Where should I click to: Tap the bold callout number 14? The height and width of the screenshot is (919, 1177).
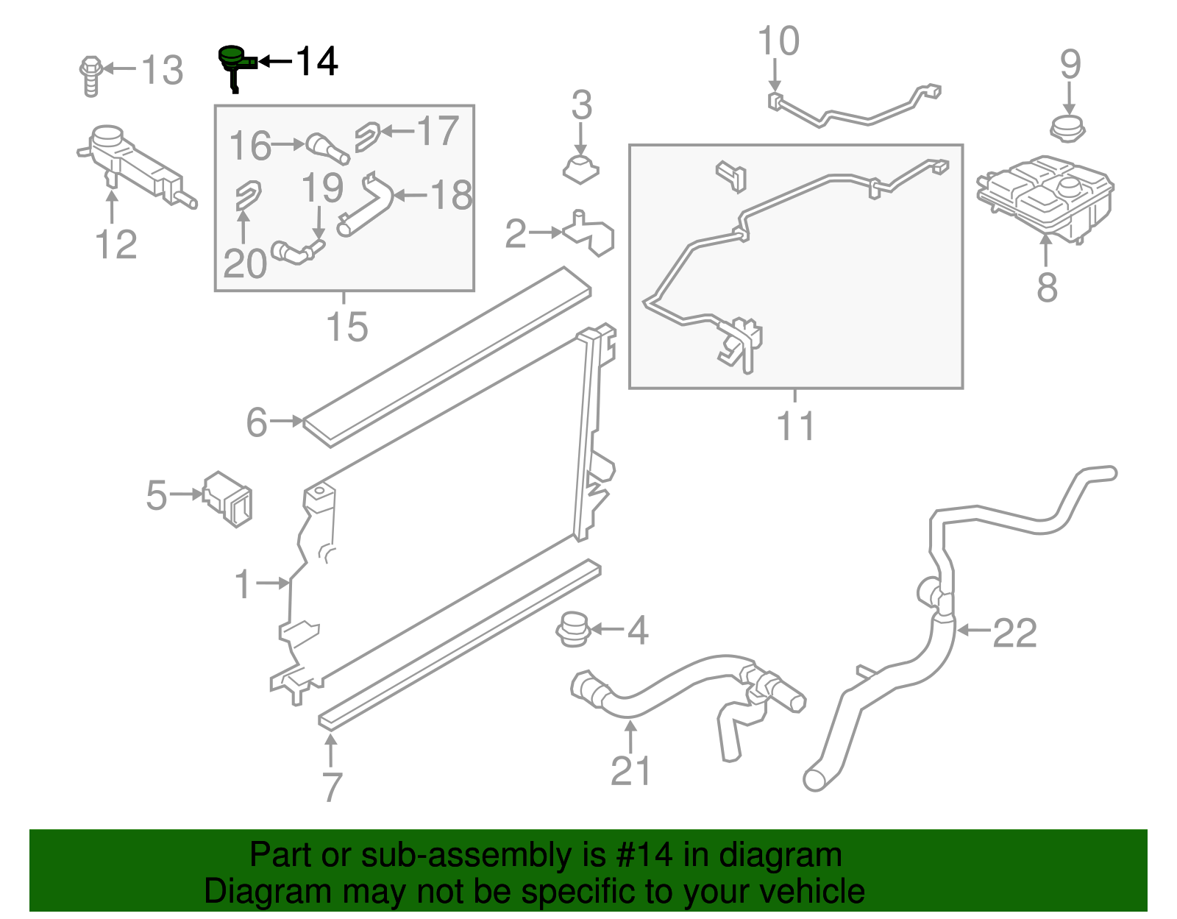317,61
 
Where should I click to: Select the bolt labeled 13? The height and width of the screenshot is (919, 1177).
90,75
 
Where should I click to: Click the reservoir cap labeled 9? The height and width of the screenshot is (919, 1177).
1067,130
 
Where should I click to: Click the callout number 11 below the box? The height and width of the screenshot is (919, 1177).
796,426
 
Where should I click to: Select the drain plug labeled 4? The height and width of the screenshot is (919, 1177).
573,630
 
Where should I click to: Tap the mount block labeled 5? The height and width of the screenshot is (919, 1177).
228,498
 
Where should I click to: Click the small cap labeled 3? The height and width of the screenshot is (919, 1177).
581,168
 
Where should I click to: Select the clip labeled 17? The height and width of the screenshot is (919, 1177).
367,136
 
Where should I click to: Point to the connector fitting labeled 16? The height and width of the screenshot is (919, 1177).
327,147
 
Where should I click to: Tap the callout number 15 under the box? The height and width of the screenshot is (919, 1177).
346,327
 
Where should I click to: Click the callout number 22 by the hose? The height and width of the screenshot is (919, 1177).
1015,633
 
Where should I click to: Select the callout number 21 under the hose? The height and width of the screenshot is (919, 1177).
630,771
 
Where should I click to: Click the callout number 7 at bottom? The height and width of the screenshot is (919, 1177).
332,787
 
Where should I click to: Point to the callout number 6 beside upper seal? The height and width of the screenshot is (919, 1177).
257,422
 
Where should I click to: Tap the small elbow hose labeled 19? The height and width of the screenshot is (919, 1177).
296,252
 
